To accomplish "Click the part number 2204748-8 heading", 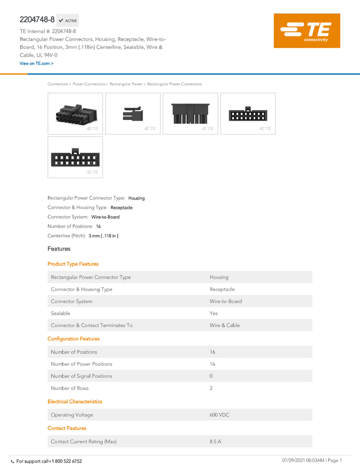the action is tap(37, 20).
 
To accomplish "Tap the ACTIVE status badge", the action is tap(68, 20).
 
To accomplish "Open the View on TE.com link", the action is tap(37, 64).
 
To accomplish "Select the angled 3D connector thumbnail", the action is tap(76, 113).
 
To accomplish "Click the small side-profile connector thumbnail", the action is tap(133, 113).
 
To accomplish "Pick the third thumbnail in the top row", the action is tap(190, 113).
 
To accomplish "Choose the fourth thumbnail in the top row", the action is tap(248, 113).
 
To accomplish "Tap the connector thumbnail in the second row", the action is tap(76, 158).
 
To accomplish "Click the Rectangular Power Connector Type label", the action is tap(90, 277).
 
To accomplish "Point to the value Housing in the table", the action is tap(219, 277).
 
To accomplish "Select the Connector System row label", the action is tap(71, 302).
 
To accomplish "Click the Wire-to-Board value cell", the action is tap(225, 302).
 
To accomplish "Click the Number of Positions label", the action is tap(74, 352).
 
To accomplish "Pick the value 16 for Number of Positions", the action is tap(212, 352).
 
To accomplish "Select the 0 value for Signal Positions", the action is tap(211, 376).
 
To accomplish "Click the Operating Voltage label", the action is tap(72, 415).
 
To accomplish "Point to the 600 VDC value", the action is tap(219, 415).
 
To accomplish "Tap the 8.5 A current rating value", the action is tap(215, 441).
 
